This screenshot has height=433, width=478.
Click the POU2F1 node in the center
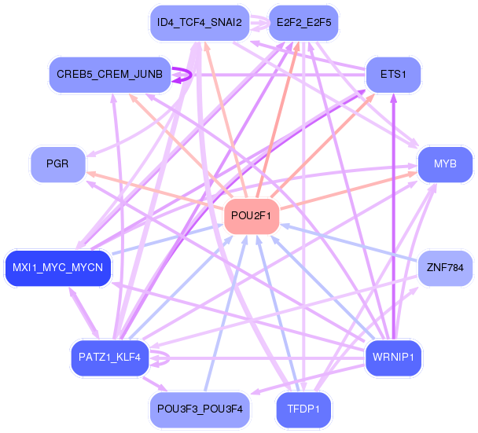(252, 216)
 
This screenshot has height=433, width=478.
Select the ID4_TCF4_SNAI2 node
(200, 23)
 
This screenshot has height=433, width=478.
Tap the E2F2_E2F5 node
(303, 23)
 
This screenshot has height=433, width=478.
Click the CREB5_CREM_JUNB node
(110, 75)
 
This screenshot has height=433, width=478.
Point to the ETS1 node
(393, 75)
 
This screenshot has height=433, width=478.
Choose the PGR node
(57, 164)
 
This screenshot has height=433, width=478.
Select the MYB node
(445, 164)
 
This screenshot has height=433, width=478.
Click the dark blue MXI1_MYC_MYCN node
(58, 268)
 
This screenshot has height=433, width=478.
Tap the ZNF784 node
(445, 268)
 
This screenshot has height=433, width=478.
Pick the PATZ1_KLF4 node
(110, 358)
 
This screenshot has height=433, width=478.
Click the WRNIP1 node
(393, 358)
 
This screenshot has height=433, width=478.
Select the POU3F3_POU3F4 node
(200, 409)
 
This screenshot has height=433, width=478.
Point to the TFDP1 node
(303, 409)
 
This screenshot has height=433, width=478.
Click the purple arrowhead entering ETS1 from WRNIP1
(394, 97)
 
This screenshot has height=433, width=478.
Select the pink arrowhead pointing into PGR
(91, 174)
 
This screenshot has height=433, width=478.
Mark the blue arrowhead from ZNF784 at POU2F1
(285, 226)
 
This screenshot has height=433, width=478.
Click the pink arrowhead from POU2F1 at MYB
(412, 174)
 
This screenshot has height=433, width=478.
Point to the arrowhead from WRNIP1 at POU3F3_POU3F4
(256, 391)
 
